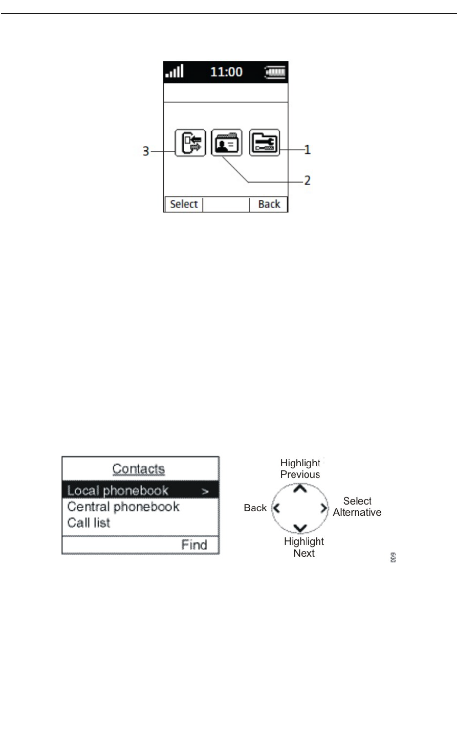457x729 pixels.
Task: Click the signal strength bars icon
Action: (x=175, y=71)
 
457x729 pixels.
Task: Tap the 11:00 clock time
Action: (x=226, y=72)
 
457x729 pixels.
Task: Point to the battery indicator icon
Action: (x=276, y=72)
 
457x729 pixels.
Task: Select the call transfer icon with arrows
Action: (x=190, y=143)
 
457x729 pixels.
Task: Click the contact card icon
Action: (x=227, y=143)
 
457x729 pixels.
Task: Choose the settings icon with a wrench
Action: (x=265, y=143)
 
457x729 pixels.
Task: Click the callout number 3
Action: (x=146, y=151)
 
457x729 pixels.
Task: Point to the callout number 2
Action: (x=308, y=180)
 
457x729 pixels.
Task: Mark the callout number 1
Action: (x=308, y=150)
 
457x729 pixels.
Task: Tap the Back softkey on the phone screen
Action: (x=269, y=204)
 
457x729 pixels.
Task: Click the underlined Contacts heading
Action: (x=138, y=469)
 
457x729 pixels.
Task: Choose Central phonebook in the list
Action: (x=123, y=507)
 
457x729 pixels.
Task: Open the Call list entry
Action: (x=89, y=522)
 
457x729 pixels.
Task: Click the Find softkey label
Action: (x=194, y=544)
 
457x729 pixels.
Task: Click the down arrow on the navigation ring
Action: (x=300, y=528)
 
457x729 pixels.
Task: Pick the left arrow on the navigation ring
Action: (x=277, y=508)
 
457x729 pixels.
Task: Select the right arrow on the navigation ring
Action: (x=323, y=508)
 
